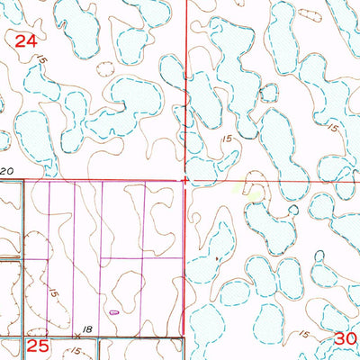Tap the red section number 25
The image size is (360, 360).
coord(38,345)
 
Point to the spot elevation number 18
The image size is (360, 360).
coord(88,329)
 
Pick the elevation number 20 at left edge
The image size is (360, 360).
coord(8,170)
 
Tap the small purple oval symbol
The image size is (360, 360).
coord(114,312)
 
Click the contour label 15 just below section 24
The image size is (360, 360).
coord(40,59)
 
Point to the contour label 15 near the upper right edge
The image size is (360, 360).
coord(332,128)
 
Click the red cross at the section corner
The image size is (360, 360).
coord(185,181)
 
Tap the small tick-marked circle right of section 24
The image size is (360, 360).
coord(105,68)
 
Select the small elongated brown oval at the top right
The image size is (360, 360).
coord(311,13)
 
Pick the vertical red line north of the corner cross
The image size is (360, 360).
coord(186,90)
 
